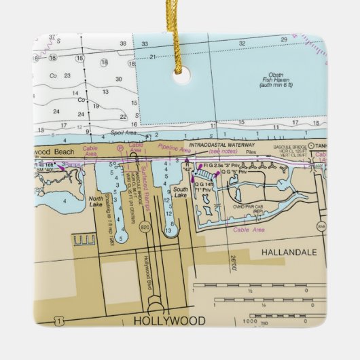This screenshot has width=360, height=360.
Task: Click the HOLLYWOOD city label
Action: point(168,320)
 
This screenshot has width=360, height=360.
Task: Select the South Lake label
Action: point(179,192)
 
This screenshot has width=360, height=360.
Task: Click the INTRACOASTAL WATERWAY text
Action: point(222,145)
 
